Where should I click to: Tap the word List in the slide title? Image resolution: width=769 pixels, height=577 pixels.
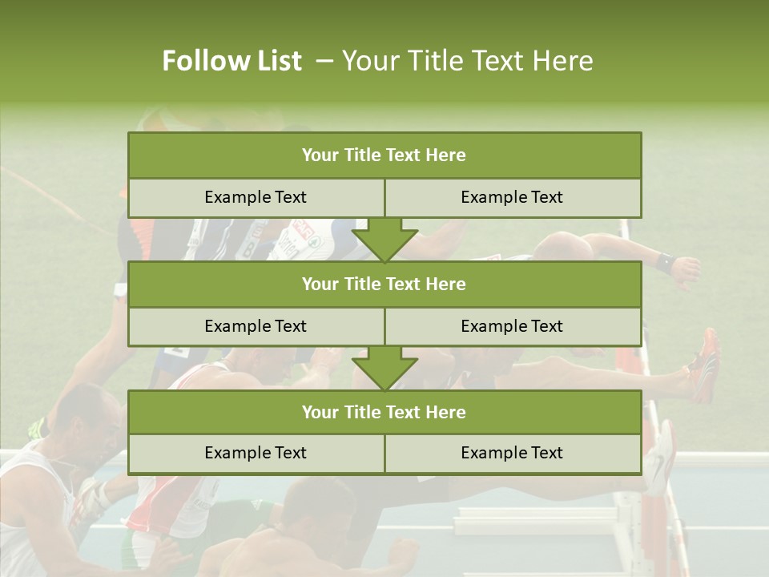(x=275, y=61)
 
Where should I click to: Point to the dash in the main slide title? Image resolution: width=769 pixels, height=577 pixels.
(x=325, y=61)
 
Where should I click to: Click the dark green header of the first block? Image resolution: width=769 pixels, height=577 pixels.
(x=384, y=155)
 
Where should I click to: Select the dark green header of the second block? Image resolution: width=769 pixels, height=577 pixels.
(x=384, y=284)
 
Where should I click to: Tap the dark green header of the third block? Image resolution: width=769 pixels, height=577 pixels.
(x=384, y=413)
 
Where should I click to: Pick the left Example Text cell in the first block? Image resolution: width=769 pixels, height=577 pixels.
(x=256, y=198)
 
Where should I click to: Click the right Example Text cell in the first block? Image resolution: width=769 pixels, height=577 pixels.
(x=513, y=198)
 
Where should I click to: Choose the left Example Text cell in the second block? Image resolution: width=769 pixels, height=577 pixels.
(x=256, y=327)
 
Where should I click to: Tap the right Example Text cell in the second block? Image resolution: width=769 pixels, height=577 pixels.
(x=513, y=327)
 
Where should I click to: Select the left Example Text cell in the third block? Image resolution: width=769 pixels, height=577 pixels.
(x=256, y=454)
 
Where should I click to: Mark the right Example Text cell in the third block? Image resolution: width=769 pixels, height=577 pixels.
(x=513, y=454)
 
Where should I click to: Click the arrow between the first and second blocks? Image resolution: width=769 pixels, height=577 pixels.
(x=384, y=240)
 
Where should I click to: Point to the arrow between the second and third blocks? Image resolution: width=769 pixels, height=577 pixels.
(x=384, y=369)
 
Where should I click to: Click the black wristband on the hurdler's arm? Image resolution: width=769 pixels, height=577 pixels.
(x=664, y=261)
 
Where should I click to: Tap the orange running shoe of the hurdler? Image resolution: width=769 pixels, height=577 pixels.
(x=707, y=365)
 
